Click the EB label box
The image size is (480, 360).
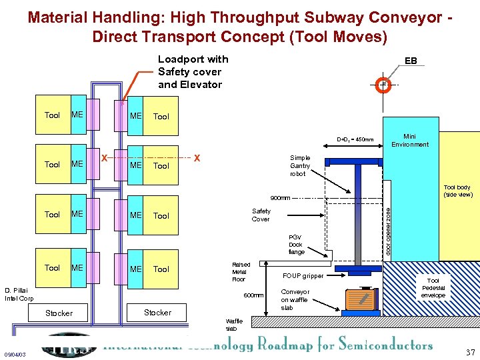coord(411,61)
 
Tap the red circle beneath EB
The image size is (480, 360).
coord(383,85)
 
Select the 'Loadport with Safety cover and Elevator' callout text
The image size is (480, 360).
coord(193,71)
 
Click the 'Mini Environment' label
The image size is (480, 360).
coord(410,140)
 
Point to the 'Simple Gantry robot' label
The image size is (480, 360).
coord(300,165)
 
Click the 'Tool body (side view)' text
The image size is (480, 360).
coord(458,191)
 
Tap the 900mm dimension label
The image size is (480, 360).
coord(279,198)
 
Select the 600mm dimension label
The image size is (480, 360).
coord(253,295)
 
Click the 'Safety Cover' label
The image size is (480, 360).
coord(261,215)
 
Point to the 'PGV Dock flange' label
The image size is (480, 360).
coord(295,244)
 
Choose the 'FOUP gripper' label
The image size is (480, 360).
coord(303,275)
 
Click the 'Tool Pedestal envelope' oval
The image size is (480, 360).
coord(433,288)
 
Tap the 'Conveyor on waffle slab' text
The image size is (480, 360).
coord(295,299)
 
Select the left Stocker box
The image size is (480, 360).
coord(59,313)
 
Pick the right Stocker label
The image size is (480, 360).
coord(157,312)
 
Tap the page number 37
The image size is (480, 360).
coord(470,352)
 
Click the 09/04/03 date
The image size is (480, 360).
coord(15,354)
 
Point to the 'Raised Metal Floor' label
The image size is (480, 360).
coord(241,271)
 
